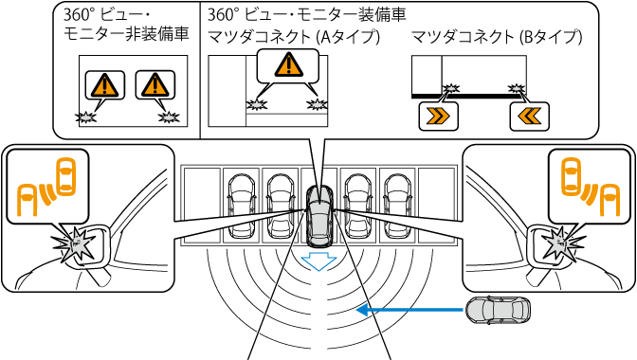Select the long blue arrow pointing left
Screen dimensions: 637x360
pos(409,311)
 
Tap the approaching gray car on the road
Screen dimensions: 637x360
pos(498,311)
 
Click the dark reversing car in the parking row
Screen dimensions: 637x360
pos(319,216)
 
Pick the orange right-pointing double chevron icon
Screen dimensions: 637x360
pos(438,117)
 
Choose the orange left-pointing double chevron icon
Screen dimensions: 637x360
pos(529,117)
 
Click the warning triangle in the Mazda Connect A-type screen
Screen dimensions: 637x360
pos(288,65)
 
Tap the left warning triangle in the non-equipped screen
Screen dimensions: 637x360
pos(105,85)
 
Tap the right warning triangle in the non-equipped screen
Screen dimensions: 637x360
pos(155,85)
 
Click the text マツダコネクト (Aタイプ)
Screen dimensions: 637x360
pos(294,37)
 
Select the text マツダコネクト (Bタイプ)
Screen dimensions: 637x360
pos(497,37)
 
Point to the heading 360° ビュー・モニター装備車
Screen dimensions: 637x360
pos(307,14)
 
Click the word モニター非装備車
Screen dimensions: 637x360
pos(126,34)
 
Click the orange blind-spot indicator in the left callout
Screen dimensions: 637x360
pos(46,187)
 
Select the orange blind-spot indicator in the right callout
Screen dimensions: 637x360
pos(591,187)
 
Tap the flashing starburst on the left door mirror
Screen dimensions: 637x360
pos(76,244)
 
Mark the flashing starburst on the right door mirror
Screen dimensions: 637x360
pos(562,243)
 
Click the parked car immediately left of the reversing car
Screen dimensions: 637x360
pos(281,207)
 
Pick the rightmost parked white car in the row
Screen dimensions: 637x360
pos(398,207)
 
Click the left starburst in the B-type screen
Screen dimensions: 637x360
pos(451,88)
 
